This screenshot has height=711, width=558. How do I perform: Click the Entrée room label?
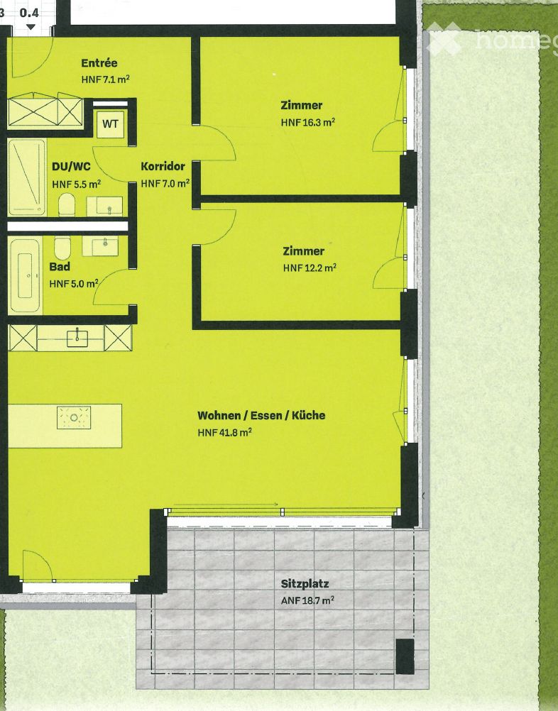[99, 63]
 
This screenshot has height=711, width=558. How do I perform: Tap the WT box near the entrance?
[110, 124]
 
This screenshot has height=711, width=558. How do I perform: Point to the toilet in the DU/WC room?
[67, 206]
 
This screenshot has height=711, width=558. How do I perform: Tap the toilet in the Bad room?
[62, 248]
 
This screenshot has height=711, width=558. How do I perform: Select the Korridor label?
[163, 167]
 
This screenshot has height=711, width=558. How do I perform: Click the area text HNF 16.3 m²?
[307, 122]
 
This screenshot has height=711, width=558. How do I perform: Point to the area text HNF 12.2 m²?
[309, 268]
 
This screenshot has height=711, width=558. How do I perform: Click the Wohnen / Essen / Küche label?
[261, 415]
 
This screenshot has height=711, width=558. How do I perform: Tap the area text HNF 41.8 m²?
[225, 432]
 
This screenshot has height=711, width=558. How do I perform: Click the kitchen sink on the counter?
[77, 338]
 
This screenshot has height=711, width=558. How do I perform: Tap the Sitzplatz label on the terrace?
[305, 584]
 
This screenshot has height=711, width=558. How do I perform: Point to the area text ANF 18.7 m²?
[307, 600]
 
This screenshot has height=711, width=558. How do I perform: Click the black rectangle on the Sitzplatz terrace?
[404, 656]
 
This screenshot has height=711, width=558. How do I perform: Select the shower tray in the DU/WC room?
[27, 177]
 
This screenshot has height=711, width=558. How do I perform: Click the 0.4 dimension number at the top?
[29, 12]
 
